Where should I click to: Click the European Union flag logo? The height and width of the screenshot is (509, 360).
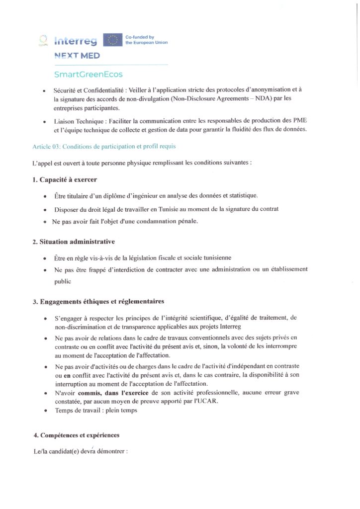click(x=112, y=40)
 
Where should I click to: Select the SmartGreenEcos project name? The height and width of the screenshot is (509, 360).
click(x=88, y=75)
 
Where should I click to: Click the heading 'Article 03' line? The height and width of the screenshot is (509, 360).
click(x=104, y=147)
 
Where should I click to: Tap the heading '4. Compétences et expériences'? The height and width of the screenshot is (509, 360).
click(x=77, y=435)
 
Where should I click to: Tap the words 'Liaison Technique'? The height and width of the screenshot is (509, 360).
click(x=78, y=121)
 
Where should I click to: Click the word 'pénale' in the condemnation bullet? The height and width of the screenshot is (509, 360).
click(x=186, y=222)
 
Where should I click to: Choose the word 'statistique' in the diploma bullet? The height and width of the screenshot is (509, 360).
click(x=241, y=196)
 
